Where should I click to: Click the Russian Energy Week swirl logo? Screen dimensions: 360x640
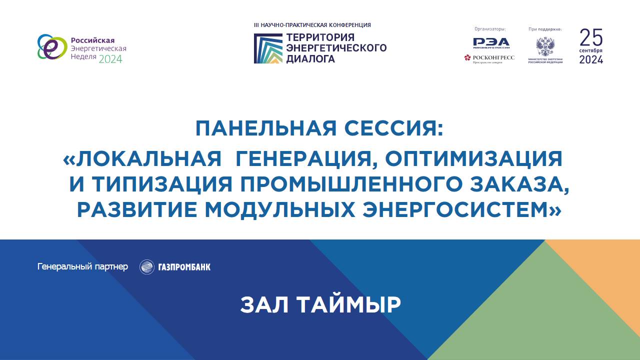[52, 47]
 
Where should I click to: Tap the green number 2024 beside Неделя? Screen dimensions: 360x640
[110, 59]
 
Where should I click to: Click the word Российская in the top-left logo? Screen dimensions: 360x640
[92, 40]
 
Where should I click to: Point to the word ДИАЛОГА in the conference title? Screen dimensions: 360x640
[310, 58]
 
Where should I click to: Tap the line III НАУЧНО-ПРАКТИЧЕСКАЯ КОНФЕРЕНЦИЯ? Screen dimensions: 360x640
[312, 24]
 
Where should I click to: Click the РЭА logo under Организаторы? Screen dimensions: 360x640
[491, 42]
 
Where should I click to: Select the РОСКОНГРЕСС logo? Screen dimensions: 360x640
[489, 58]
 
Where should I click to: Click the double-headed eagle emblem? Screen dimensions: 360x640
[544, 46]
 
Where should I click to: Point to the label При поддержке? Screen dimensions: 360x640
[545, 29]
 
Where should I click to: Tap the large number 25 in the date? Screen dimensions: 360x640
[591, 37]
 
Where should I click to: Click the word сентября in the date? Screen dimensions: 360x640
[591, 51]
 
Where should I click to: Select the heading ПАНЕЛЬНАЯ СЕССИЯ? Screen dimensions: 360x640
[319, 128]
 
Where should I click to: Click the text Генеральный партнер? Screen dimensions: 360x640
[82, 266]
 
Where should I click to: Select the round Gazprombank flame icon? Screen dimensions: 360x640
[146, 267]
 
